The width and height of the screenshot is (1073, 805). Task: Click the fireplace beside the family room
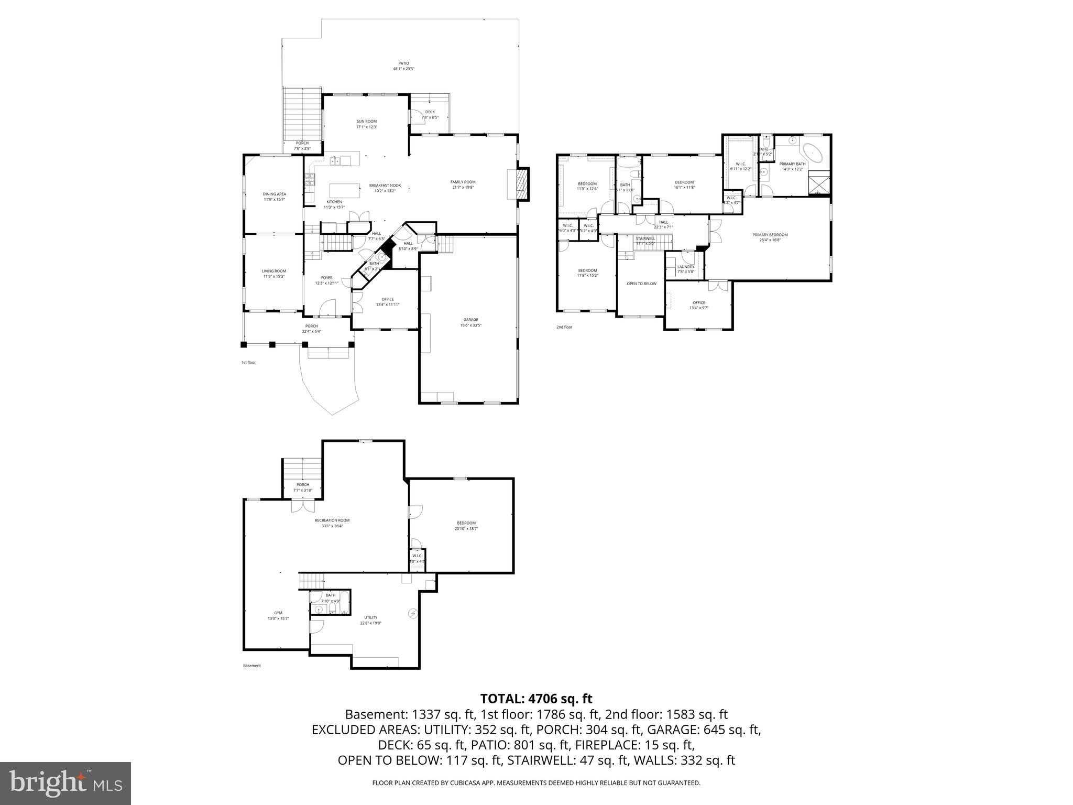(521, 184)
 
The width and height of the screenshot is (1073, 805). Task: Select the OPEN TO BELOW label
(641, 284)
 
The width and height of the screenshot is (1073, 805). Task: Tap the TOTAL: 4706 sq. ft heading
(536, 699)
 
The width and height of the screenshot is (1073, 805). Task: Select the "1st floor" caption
(248, 362)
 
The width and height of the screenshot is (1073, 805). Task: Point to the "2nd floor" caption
(564, 327)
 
